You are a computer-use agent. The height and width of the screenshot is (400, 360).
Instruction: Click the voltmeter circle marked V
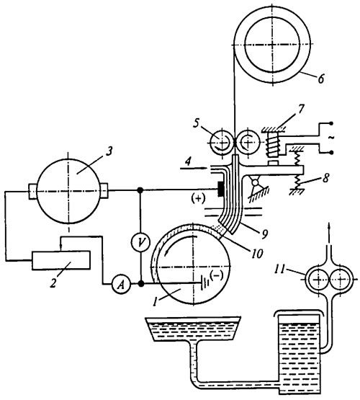pos(140,242)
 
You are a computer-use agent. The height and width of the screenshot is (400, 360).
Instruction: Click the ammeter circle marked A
pos(122,284)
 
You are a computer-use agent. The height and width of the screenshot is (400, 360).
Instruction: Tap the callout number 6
pos(321,79)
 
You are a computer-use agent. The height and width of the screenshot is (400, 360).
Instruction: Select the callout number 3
pos(109,151)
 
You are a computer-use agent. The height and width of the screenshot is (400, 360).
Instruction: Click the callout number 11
pos(279,270)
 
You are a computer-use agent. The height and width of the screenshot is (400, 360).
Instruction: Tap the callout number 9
pos(264,234)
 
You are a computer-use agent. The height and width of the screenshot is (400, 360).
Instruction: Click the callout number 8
pos(325,178)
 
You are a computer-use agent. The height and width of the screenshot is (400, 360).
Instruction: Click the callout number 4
pos(189,162)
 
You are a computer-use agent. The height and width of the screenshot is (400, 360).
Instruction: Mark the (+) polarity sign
pos(198,199)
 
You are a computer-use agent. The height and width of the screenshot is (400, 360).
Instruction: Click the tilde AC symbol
pos(330,138)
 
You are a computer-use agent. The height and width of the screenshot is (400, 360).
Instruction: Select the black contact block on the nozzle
pos(220,190)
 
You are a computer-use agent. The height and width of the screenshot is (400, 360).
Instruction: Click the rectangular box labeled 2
pos(60,260)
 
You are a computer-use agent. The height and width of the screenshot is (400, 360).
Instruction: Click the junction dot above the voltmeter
pos(140,190)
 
